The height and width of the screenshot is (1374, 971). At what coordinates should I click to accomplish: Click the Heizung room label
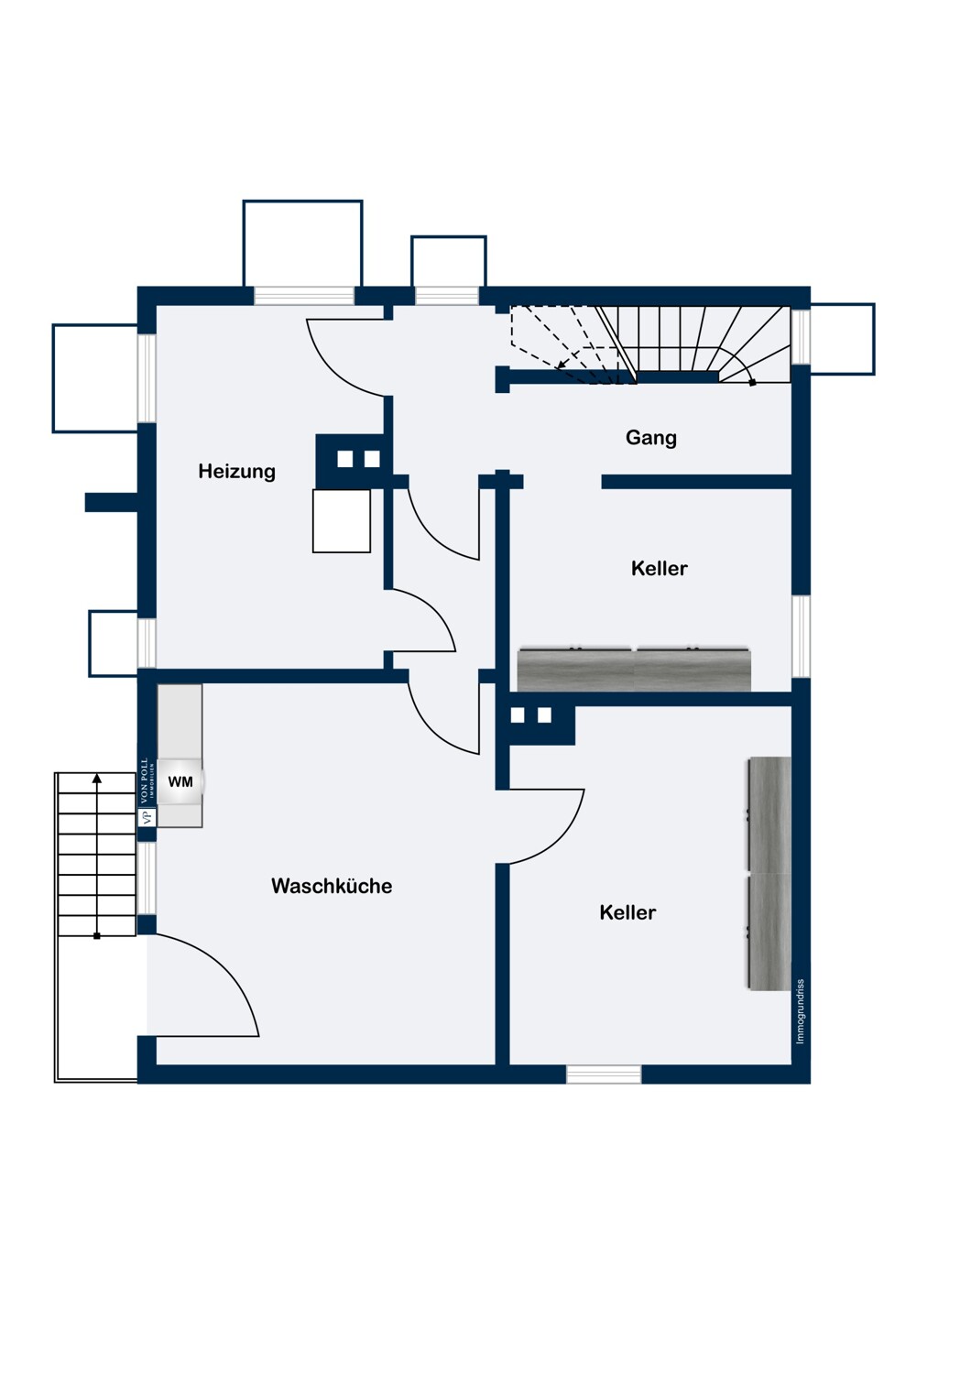236,472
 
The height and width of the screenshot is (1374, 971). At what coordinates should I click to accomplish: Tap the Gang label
650,438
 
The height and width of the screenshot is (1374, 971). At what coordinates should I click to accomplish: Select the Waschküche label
332,886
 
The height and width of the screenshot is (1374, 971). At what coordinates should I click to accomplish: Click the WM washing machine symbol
180,781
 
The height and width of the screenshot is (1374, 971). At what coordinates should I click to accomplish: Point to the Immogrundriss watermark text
800,1011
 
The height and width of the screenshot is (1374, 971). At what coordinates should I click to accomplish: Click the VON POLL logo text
146,779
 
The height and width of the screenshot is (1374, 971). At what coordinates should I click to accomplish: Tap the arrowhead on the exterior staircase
97,779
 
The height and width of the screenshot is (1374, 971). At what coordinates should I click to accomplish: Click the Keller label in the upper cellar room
659,569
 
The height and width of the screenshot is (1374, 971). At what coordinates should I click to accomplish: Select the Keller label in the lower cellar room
627,912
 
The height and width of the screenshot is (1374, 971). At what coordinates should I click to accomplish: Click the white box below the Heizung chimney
342,521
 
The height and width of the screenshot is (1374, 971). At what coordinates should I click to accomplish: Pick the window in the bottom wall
604,1074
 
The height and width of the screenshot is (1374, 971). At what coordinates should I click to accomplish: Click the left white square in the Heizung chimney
344,459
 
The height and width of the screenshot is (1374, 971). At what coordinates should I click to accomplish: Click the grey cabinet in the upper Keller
634,670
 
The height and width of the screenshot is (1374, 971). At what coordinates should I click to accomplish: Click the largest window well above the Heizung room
303,244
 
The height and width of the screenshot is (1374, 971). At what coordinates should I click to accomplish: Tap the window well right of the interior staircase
843,339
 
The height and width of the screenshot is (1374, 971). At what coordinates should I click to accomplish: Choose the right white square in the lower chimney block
544,715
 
